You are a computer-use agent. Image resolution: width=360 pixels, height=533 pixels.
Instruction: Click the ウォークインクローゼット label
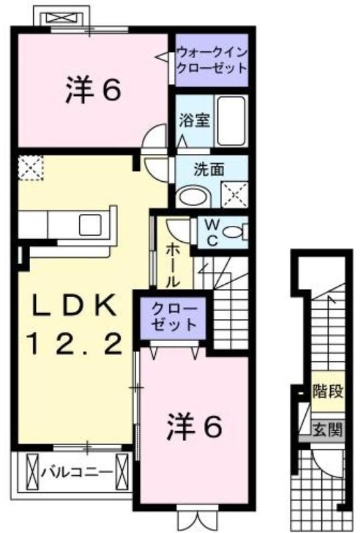click(x=211, y=61)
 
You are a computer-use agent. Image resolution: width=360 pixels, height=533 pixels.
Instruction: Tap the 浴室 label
click(x=194, y=120)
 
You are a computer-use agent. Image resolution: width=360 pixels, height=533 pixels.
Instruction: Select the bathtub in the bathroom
click(x=231, y=121)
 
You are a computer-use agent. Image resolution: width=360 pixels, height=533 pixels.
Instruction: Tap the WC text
click(x=212, y=233)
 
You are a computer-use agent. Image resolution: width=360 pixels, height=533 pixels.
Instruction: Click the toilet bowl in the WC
click(x=235, y=233)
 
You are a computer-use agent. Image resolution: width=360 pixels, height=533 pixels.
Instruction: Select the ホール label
click(x=172, y=265)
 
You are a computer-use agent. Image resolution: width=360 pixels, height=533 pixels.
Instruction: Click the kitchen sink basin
click(x=90, y=225)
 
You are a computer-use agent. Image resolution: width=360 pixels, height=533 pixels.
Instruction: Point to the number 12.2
click(x=76, y=343)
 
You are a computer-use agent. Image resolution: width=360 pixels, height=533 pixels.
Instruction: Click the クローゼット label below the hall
click(x=174, y=317)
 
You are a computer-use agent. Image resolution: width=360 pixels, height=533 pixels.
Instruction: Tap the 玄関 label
click(x=327, y=430)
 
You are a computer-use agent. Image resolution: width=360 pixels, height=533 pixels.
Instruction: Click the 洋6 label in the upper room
click(x=93, y=90)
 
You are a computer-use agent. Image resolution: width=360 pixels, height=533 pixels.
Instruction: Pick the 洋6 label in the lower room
click(x=195, y=425)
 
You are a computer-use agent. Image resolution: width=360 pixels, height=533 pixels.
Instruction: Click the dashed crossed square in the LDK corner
click(x=31, y=168)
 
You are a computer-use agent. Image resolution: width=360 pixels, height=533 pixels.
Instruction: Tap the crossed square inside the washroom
click(x=235, y=195)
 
